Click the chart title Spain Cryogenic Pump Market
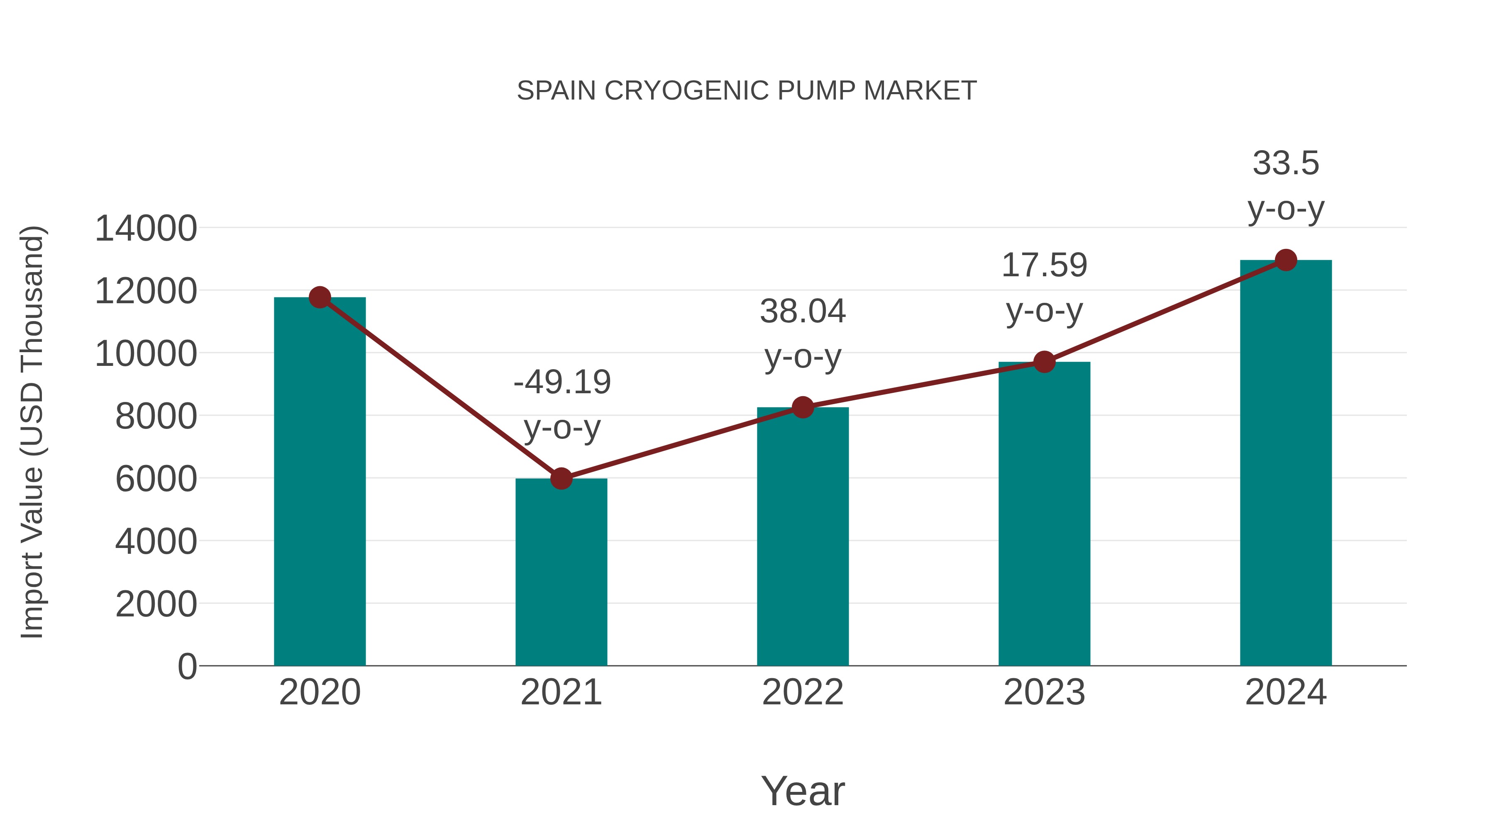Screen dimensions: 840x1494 pos(747,91)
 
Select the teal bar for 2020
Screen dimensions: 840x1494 pos(320,481)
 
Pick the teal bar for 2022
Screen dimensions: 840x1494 pos(803,536)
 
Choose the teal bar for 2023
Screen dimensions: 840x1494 pos(1044,514)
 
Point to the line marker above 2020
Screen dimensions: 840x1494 pos(320,297)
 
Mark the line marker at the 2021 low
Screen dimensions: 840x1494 pos(561,479)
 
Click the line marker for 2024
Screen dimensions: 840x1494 pos(1286,260)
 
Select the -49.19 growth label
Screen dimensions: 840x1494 pos(562,382)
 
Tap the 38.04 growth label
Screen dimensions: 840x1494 pos(803,312)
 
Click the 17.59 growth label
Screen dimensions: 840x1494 pos(1044,265)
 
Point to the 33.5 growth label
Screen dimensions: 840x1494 pos(1286,163)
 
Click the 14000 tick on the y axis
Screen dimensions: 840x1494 pos(146,229)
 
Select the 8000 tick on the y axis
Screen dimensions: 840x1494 pos(156,416)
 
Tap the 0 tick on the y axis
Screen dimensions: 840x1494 pos(187,667)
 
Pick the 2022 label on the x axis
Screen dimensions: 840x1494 pos(803,692)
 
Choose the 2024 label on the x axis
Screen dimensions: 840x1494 pos(1286,692)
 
